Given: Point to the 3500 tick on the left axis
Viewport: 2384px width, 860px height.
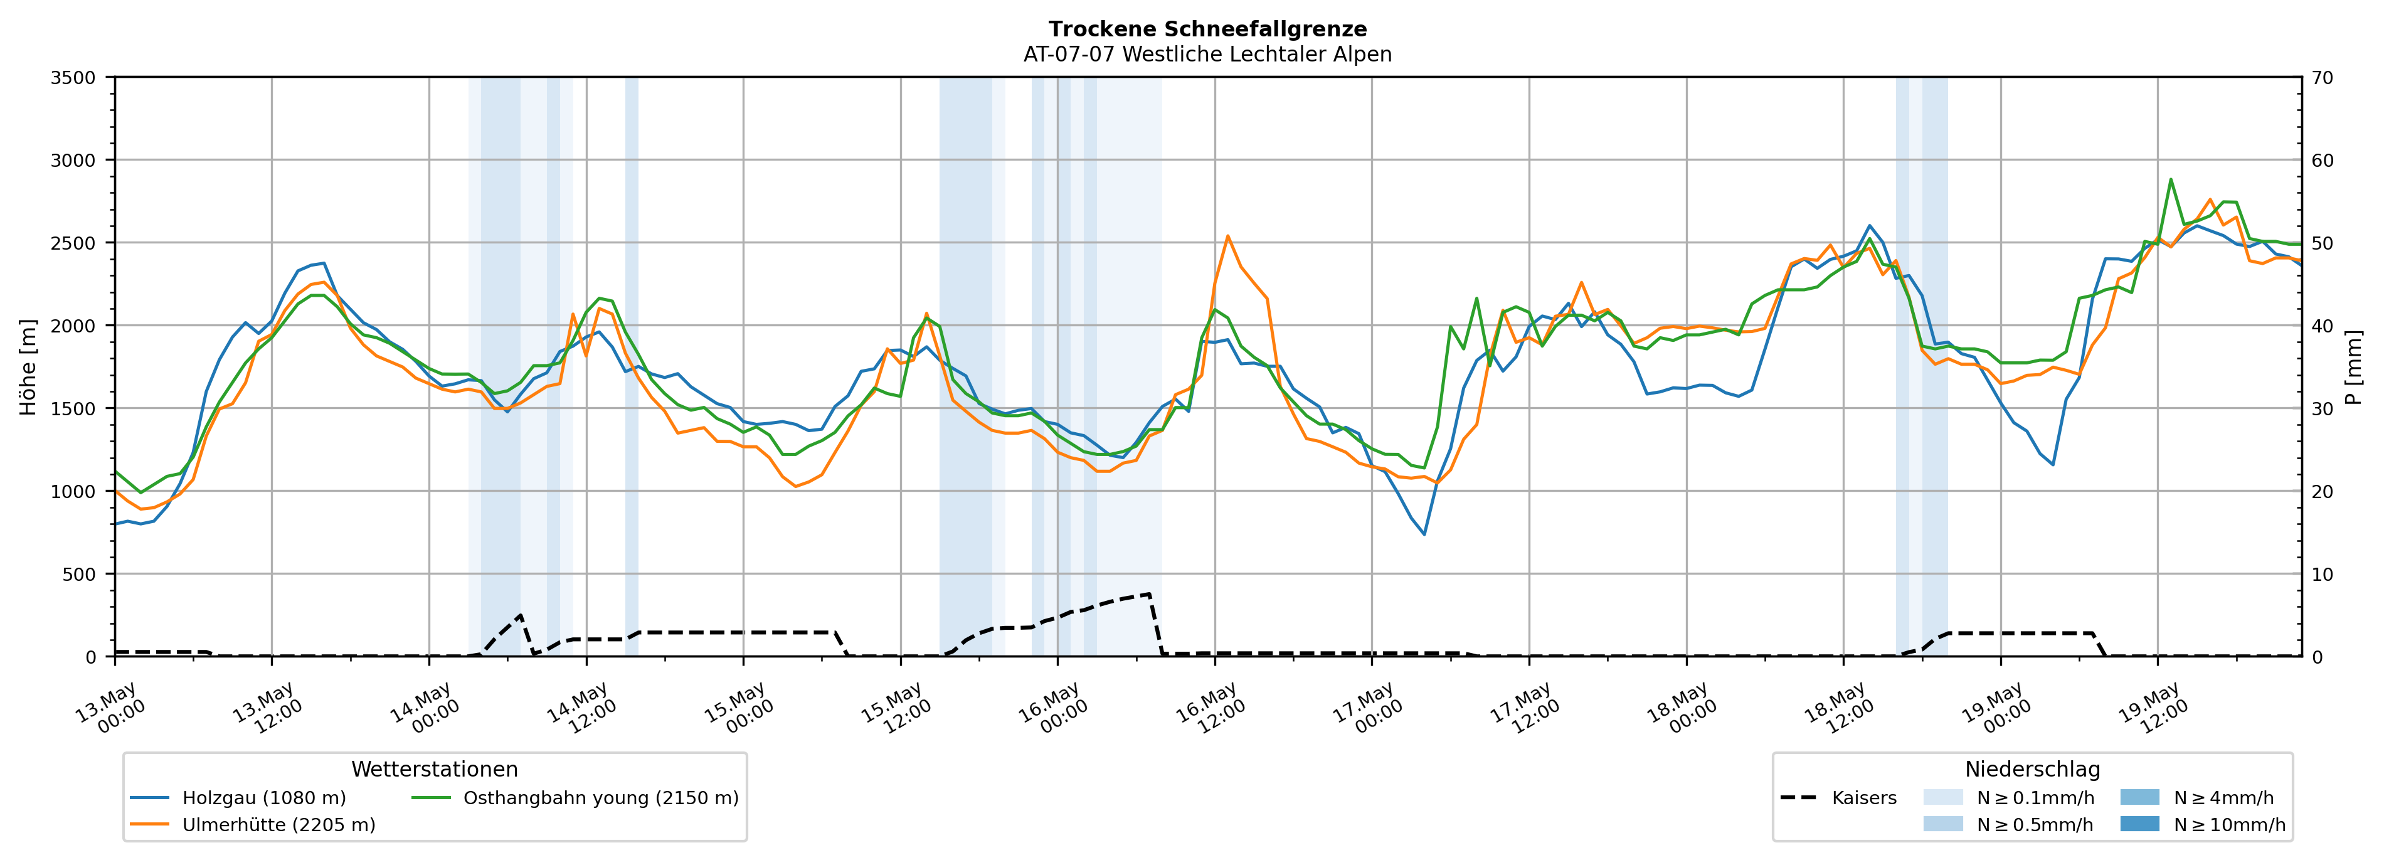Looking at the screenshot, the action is tap(73, 78).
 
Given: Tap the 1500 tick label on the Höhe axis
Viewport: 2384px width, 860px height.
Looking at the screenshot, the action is tap(73, 408).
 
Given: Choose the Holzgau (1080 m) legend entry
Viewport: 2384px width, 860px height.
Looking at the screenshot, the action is tap(239, 798).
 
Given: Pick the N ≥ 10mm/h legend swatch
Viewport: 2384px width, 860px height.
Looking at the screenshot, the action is tap(2139, 824).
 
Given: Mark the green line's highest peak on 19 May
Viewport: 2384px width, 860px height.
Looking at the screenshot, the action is tap(2170, 179).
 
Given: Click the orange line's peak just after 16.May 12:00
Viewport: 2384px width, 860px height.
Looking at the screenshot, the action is tap(1227, 236).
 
